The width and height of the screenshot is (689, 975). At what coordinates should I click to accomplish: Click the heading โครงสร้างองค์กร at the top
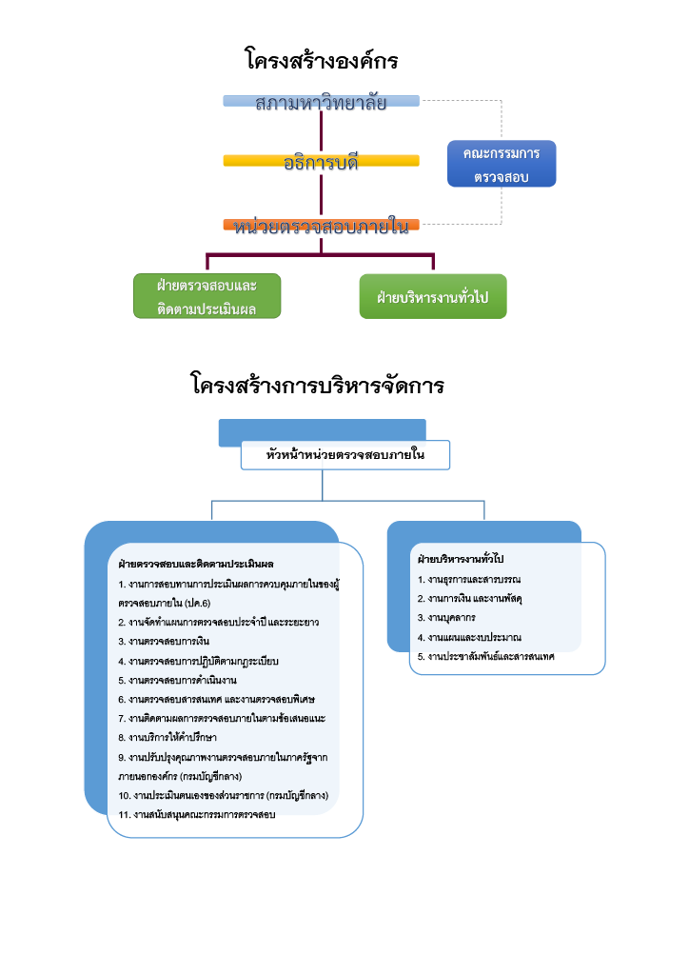pyautogui.click(x=321, y=62)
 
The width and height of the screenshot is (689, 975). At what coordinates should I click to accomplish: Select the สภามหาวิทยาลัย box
pyautogui.click(x=322, y=102)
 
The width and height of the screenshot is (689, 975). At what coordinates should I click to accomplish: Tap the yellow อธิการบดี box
pyautogui.click(x=321, y=162)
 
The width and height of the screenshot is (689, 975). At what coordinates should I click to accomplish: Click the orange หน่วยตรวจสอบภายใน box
pyautogui.click(x=321, y=227)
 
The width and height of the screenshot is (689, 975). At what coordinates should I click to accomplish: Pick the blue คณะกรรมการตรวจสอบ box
pyautogui.click(x=502, y=165)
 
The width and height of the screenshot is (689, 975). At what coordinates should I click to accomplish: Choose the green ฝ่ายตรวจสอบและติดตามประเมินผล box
pyautogui.click(x=207, y=296)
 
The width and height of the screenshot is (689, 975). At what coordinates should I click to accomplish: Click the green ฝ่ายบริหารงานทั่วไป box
pyautogui.click(x=432, y=297)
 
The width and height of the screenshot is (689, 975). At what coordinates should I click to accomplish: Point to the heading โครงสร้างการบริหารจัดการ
pyautogui.click(x=318, y=387)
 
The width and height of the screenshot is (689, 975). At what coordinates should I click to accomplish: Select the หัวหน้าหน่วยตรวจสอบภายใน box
pyautogui.click(x=344, y=455)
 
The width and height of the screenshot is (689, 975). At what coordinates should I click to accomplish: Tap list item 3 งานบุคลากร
pyautogui.click(x=446, y=618)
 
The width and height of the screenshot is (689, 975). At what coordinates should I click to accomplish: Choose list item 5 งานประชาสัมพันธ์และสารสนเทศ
pyautogui.click(x=485, y=657)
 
